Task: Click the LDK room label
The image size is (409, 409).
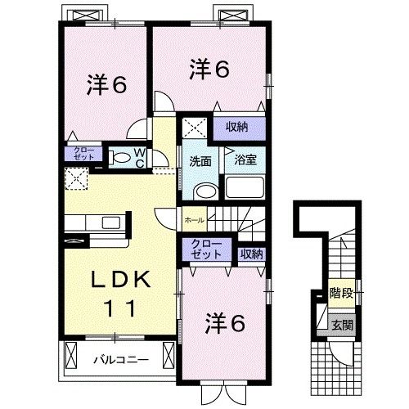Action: point(120,279)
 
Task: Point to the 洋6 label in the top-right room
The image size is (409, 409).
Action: point(209,69)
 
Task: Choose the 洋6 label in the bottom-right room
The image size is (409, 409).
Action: point(227,323)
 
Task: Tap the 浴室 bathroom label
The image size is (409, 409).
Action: point(245,160)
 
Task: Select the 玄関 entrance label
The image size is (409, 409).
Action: point(342,325)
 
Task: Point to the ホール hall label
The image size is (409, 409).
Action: point(195,220)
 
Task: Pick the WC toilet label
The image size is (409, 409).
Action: point(139,156)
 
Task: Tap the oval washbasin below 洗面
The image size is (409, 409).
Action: point(205,191)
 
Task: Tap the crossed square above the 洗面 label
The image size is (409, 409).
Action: point(195,128)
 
